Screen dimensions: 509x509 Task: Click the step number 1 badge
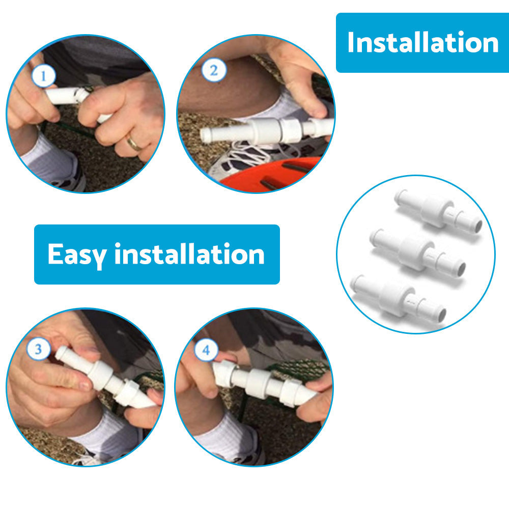pos(44,76)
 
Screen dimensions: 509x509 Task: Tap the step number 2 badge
pos(214,70)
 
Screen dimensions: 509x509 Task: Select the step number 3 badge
pos(39,349)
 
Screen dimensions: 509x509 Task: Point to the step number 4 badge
pos(206,350)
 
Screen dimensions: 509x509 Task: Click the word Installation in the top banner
pos(422,42)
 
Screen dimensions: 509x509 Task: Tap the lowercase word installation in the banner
pos(189,253)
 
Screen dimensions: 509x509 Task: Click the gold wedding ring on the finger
pos(134,143)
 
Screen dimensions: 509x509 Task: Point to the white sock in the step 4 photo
pos(227,437)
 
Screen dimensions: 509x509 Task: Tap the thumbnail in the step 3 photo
pos(85,386)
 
